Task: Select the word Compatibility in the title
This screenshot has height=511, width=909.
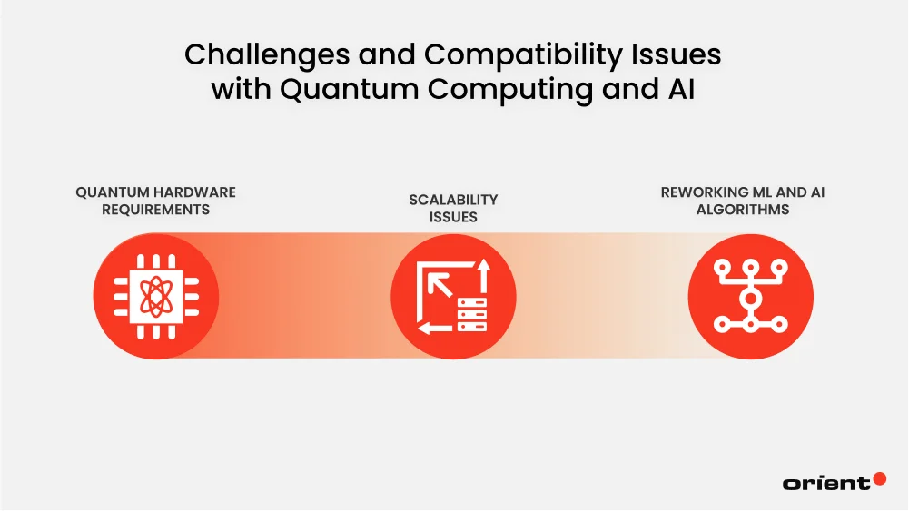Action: click(x=489, y=55)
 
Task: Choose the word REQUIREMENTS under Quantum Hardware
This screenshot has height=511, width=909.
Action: click(x=155, y=210)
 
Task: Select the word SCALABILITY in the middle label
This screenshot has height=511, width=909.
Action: click(x=453, y=200)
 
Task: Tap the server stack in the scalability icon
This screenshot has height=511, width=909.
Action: click(x=472, y=313)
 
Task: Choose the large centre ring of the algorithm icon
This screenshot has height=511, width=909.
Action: click(x=750, y=297)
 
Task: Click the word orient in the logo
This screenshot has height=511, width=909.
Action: click(x=825, y=483)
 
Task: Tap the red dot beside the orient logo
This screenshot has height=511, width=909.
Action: click(x=879, y=478)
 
